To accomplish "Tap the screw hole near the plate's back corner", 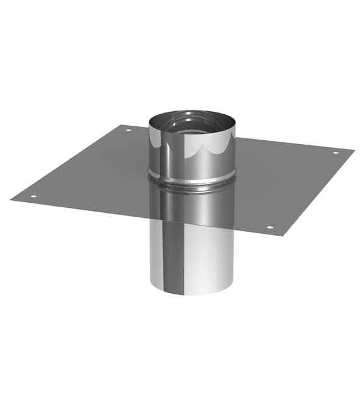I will coord(128,130).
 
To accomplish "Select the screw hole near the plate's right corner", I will coord(335,152).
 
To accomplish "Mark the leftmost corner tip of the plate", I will coord(11,200).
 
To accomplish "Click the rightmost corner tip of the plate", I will coord(354,150).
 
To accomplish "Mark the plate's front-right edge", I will coord(316,192).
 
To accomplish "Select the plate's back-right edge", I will coord(291,143).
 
